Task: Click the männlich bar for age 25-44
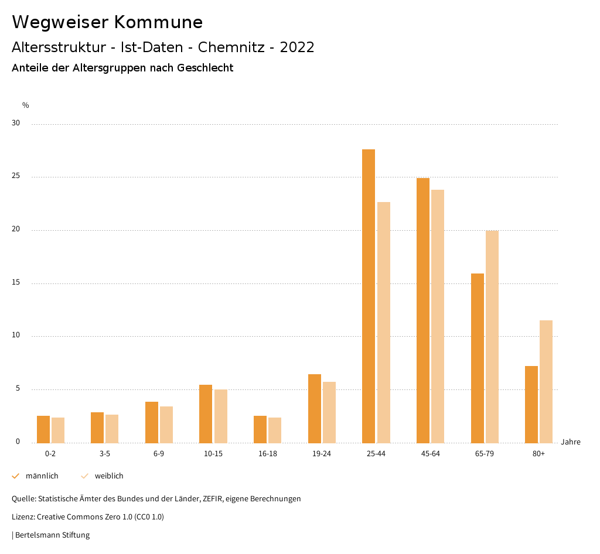(369, 296)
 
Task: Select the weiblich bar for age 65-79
(492, 337)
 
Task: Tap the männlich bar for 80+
(531, 404)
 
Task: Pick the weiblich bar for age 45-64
(438, 316)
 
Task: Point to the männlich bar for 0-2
(43, 429)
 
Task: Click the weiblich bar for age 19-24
(329, 412)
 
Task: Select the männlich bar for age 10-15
(206, 413)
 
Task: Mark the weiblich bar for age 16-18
(275, 430)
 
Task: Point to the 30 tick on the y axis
(16, 124)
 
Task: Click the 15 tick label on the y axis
(16, 283)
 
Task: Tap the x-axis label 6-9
(159, 454)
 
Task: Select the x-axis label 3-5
(104, 454)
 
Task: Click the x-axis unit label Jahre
(571, 442)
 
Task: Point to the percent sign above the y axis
(26, 105)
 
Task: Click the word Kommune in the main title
(158, 22)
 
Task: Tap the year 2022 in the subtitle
(297, 47)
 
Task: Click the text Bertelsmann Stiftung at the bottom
(52, 535)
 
